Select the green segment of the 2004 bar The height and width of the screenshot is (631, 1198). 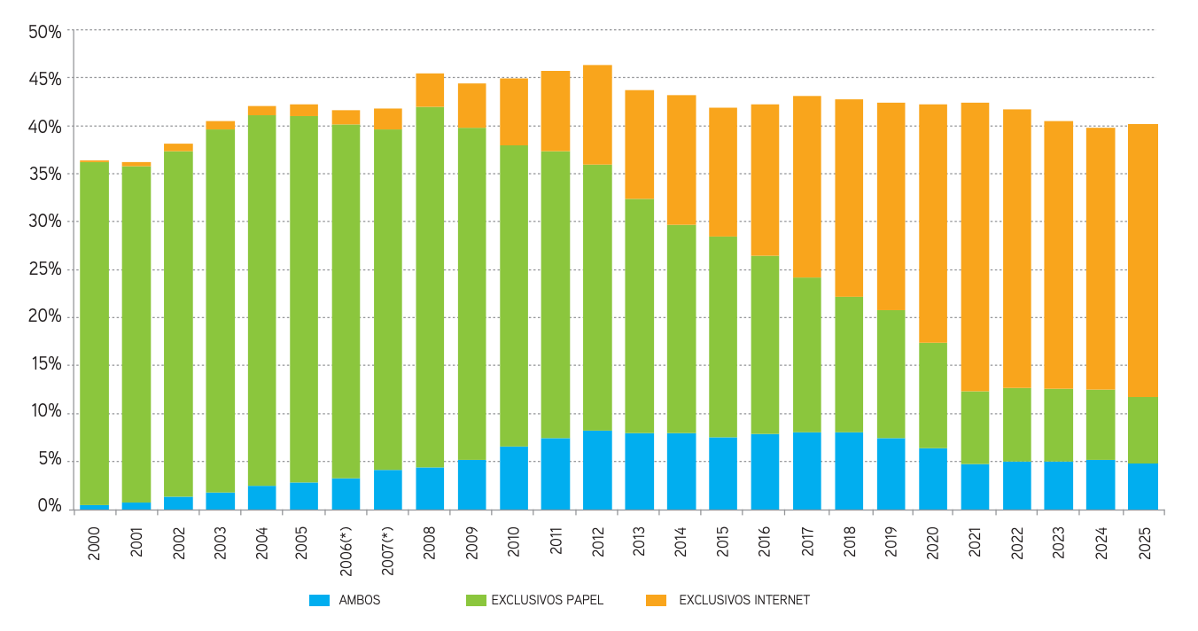(x=262, y=300)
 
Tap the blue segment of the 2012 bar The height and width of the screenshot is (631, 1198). (x=597, y=470)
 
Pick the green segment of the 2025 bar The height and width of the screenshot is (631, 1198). (x=1143, y=430)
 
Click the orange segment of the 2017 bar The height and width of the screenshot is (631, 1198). (x=807, y=187)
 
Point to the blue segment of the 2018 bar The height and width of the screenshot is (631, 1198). (x=849, y=471)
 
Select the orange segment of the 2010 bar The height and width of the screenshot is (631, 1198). (x=514, y=112)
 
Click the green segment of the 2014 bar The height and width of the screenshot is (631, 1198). (x=681, y=329)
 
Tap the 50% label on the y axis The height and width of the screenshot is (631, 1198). (x=45, y=32)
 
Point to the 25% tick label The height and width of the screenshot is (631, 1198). (x=45, y=270)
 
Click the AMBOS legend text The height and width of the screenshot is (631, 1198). (x=360, y=600)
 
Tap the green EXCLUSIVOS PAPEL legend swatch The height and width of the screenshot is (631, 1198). (x=476, y=600)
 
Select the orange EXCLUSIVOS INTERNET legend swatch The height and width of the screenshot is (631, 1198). (x=657, y=600)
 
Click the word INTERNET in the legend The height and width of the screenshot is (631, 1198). (x=782, y=600)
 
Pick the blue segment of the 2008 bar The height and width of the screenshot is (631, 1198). (x=430, y=488)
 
